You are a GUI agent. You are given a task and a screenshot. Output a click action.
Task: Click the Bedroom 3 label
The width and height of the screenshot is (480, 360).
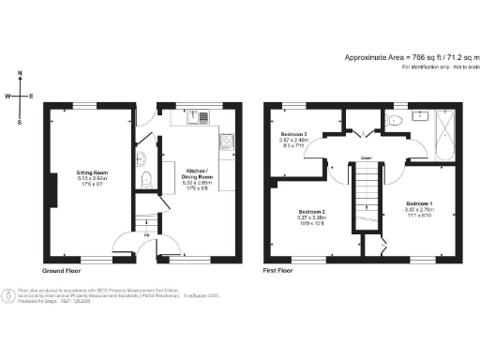pyautogui.click(x=294, y=137)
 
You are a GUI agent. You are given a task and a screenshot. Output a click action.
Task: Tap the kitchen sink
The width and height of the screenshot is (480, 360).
pyautogui.click(x=198, y=117)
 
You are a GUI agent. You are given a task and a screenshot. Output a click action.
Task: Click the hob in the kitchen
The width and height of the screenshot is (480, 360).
pyautogui.click(x=226, y=142)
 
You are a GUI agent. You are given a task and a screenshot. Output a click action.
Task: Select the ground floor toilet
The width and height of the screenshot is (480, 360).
pyautogui.click(x=145, y=180)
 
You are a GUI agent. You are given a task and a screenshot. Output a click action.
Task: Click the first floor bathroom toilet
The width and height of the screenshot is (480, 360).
pyautogui.click(x=395, y=120)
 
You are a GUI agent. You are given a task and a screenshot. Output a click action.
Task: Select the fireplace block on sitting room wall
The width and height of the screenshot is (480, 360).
pyautogui.click(x=55, y=192)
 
